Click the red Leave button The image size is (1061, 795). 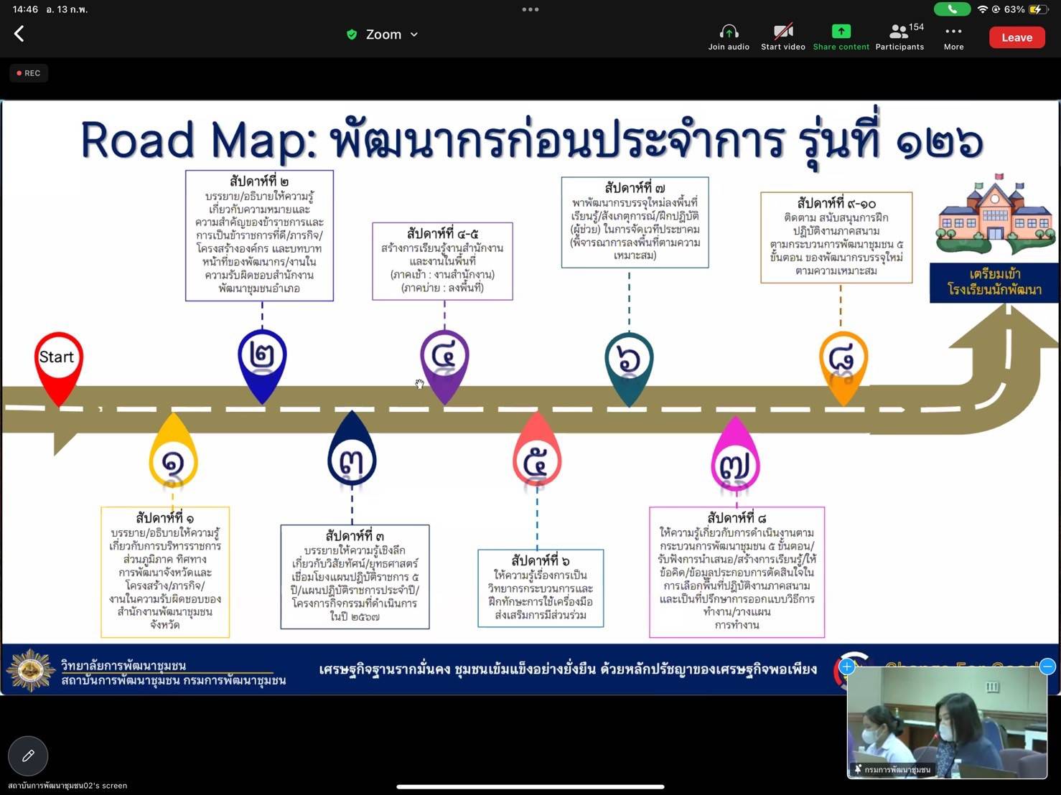1016,37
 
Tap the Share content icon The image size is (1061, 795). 841,32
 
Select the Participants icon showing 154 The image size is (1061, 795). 899,32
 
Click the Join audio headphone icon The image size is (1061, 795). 729,32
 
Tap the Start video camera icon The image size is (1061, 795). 782,32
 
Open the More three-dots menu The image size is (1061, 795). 953,32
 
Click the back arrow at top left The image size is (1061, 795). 19,34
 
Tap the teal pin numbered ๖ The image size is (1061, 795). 629,363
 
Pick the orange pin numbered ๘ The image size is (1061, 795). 843,362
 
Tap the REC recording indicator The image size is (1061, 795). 29,73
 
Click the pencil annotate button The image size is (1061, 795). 28,756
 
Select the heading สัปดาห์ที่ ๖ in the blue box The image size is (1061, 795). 541,560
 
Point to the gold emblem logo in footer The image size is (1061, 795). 30,670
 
